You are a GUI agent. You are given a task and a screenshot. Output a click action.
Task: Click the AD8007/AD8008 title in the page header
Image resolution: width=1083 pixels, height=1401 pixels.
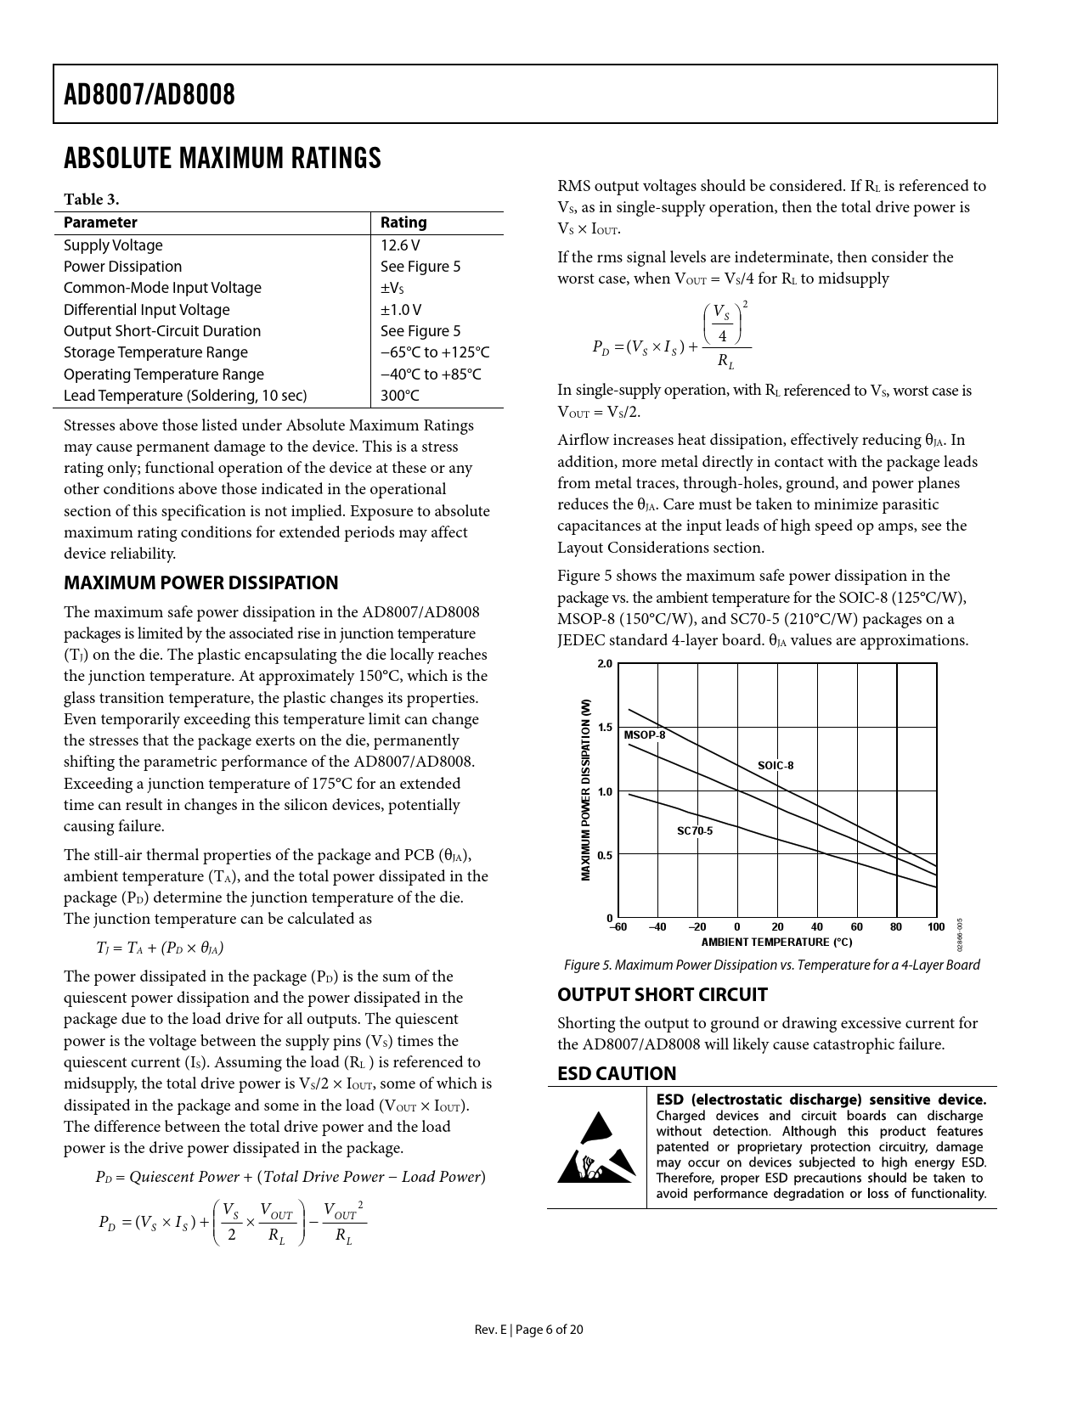(149, 94)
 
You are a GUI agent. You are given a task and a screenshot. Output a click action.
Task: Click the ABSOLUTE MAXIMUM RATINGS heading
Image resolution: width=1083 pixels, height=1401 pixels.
(223, 159)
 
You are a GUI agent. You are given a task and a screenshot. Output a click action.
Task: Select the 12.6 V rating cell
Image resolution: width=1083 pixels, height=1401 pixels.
(400, 245)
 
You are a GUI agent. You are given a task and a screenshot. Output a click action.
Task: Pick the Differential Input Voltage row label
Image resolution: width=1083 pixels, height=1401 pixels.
(147, 310)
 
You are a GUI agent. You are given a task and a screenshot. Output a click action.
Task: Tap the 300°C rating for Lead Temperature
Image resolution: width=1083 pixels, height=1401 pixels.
(400, 396)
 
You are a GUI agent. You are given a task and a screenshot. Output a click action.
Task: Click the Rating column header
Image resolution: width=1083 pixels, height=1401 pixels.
(403, 222)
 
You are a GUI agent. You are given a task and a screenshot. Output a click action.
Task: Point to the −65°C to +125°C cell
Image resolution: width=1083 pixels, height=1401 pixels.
(435, 352)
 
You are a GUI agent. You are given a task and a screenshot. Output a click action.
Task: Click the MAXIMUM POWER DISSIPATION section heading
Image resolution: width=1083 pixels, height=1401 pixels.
(201, 582)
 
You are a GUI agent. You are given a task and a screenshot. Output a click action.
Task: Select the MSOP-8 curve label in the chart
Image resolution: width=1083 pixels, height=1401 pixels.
(645, 734)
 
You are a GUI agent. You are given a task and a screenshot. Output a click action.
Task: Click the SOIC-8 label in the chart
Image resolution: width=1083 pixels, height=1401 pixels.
(776, 765)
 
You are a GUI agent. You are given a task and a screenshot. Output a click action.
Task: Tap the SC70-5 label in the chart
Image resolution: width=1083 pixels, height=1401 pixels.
(695, 830)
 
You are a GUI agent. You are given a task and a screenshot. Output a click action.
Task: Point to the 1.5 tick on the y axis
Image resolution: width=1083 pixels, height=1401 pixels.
(605, 728)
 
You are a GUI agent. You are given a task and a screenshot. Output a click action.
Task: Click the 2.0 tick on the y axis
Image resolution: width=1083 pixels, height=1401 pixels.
(605, 664)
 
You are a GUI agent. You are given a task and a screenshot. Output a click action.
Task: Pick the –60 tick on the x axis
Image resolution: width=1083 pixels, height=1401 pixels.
(618, 926)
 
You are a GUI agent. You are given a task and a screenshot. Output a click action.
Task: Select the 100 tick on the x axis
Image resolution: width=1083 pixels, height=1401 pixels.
(936, 926)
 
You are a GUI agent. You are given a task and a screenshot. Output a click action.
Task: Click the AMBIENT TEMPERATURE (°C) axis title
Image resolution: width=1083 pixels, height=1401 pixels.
(776, 942)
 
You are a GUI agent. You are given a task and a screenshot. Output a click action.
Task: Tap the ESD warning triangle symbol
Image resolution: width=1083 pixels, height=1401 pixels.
(596, 1147)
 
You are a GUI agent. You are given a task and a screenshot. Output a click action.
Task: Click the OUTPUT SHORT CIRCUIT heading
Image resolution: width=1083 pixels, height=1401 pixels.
(663, 994)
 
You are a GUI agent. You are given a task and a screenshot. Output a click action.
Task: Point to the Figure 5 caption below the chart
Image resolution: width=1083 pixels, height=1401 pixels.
(772, 965)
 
